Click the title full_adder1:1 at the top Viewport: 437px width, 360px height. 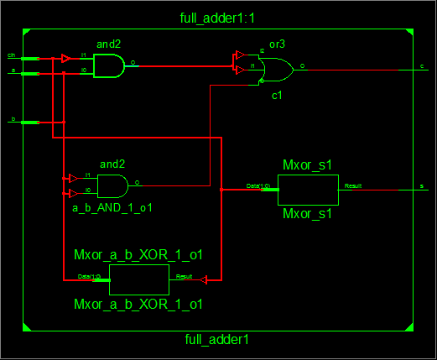click(x=219, y=18)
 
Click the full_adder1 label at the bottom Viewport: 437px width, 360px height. click(x=216, y=340)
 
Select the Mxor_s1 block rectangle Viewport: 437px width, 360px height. click(x=308, y=190)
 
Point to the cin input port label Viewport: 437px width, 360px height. click(x=12, y=55)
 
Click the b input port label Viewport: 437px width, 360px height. click(x=12, y=119)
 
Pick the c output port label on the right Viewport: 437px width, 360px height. click(x=422, y=65)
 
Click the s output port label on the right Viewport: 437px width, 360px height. click(x=422, y=186)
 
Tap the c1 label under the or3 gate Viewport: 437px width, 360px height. click(x=276, y=97)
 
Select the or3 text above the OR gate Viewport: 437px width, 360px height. click(x=276, y=42)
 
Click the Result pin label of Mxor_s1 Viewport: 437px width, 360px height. click(x=353, y=185)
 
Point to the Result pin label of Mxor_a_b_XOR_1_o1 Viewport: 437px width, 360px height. click(x=184, y=276)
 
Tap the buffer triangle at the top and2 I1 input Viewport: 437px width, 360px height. click(x=66, y=59)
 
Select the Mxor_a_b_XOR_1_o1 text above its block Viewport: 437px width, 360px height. click(x=139, y=254)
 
